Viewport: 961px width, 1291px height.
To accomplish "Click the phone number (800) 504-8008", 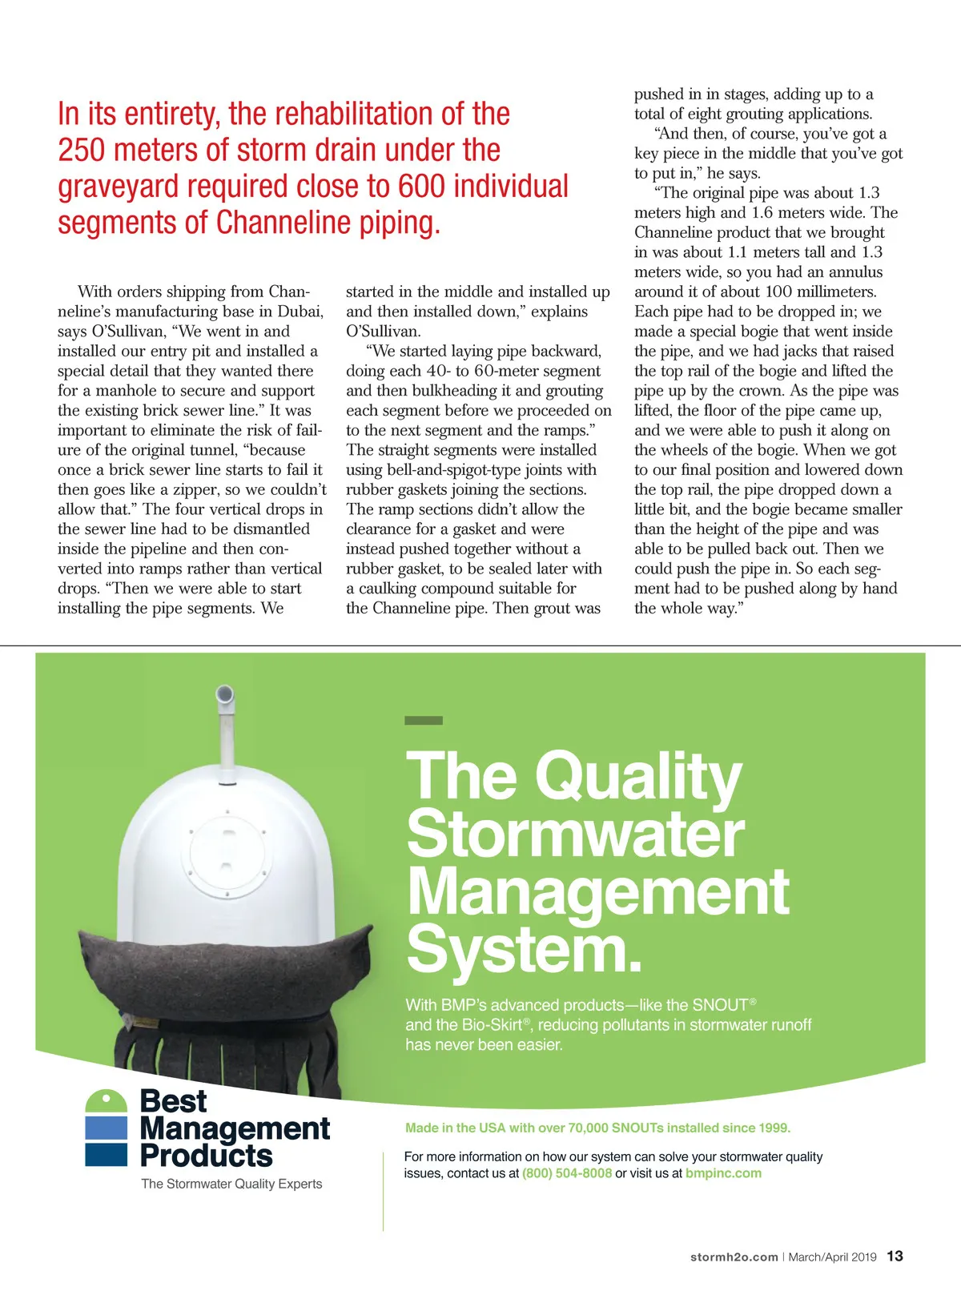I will pos(567,1173).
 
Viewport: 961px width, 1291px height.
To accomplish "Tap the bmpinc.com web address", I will pos(723,1173).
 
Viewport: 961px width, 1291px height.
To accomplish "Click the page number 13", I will pos(895,1257).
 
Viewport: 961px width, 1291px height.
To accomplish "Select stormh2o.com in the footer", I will pos(734,1257).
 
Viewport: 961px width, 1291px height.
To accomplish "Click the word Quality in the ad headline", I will pos(638,777).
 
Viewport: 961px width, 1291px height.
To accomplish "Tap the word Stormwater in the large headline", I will pos(575,835).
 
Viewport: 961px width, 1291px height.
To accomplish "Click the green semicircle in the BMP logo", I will pos(107,1101).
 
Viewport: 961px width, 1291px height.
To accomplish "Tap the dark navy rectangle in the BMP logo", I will pos(107,1155).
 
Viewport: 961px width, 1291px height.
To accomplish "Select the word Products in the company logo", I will pos(206,1156).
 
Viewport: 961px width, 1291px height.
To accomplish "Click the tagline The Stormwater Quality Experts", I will pos(231,1184).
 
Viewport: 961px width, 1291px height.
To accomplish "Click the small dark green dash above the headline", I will pos(424,721).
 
